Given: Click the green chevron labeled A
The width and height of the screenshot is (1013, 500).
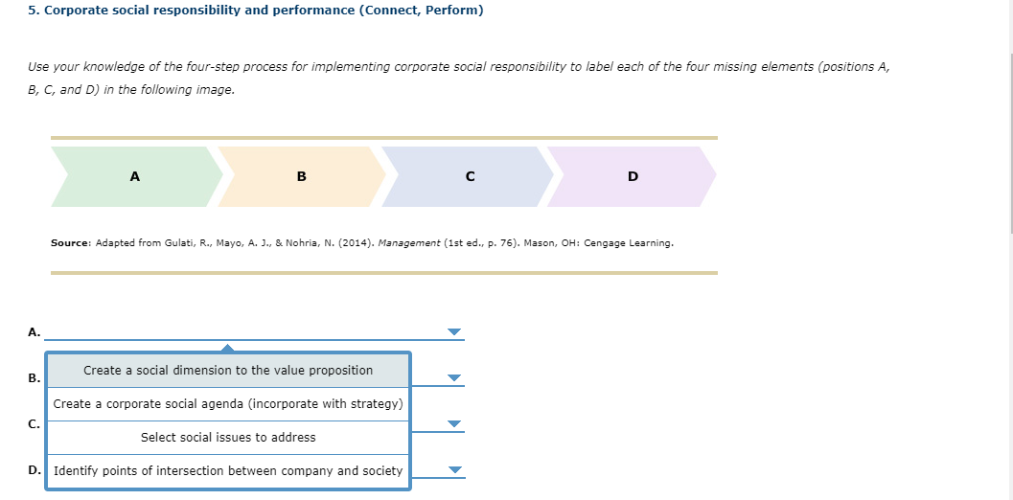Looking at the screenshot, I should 134,176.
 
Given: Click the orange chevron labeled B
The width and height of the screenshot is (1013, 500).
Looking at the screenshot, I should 302,176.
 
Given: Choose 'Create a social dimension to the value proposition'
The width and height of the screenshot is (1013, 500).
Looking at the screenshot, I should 228,371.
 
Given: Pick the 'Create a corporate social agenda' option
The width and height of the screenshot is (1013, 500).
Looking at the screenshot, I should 228,404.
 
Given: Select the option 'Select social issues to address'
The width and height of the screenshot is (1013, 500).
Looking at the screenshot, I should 228,438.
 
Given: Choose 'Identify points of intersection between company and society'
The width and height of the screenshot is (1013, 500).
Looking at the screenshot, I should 228,471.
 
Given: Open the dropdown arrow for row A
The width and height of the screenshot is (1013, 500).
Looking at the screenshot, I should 454,332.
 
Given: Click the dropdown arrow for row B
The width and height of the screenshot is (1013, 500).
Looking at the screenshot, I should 454,377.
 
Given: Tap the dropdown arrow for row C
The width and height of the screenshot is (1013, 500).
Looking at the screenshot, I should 454,424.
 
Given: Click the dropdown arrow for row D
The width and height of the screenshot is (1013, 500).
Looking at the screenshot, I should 454,470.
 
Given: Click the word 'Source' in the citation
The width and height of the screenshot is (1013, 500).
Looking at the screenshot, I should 70,243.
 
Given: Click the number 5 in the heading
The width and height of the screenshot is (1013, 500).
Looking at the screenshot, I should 32,11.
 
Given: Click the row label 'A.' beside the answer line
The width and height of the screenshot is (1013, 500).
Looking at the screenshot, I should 34,332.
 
